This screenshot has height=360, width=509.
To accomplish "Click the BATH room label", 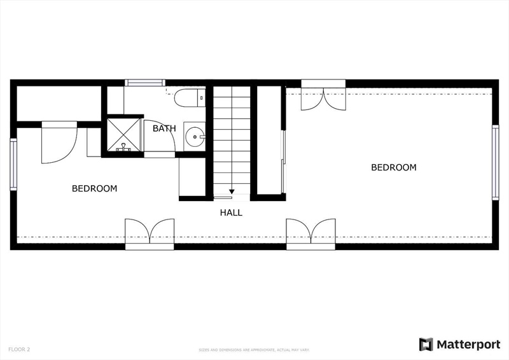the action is (164, 128).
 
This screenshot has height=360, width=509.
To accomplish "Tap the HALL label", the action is (231, 212).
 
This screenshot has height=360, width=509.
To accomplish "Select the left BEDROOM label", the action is (94, 189).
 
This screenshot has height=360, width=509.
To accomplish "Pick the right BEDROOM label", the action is (394, 167).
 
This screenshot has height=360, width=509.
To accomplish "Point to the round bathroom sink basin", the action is (195, 137).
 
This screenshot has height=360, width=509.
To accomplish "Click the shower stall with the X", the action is (123, 135).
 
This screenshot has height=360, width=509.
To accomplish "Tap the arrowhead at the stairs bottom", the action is (232, 192).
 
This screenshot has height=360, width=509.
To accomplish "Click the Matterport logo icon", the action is (426, 345).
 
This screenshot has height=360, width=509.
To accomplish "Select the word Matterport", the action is (468, 345).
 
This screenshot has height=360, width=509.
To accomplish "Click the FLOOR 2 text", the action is (19, 350).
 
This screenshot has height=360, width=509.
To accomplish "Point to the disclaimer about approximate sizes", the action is (254, 350).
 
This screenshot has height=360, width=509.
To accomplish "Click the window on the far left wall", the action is (13, 165).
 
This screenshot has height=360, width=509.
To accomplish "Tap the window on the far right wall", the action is (496, 162).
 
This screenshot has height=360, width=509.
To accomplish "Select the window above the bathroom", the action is (145, 83).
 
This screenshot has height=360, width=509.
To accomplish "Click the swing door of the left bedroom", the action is (59, 142).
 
